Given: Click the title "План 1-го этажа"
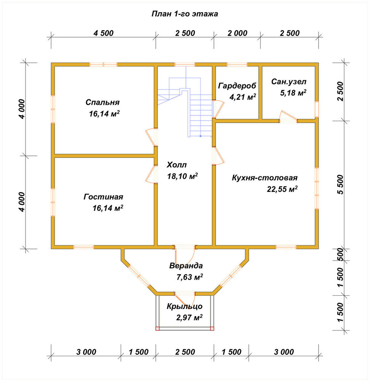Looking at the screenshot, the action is click(x=185, y=14).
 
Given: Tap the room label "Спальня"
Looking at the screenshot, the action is click(x=102, y=102).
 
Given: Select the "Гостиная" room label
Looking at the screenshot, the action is click(x=103, y=197).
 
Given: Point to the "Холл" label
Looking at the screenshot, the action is click(x=177, y=165).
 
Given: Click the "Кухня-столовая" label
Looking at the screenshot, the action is click(x=265, y=178).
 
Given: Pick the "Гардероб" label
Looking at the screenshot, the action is click(x=237, y=86).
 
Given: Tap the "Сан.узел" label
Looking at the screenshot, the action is click(x=289, y=82).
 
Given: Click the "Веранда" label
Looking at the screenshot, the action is click(x=186, y=266).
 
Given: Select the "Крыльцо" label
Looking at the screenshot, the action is click(x=184, y=306).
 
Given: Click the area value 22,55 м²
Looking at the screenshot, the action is click(x=282, y=189).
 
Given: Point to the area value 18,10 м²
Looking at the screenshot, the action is click(x=182, y=176).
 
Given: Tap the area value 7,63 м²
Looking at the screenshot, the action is click(x=190, y=277).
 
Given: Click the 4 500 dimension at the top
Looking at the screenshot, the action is click(x=104, y=33).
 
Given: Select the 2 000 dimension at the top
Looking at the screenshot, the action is click(x=237, y=33).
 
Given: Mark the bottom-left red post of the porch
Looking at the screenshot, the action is click(x=157, y=329).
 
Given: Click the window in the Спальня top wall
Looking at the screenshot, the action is click(x=104, y=64).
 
